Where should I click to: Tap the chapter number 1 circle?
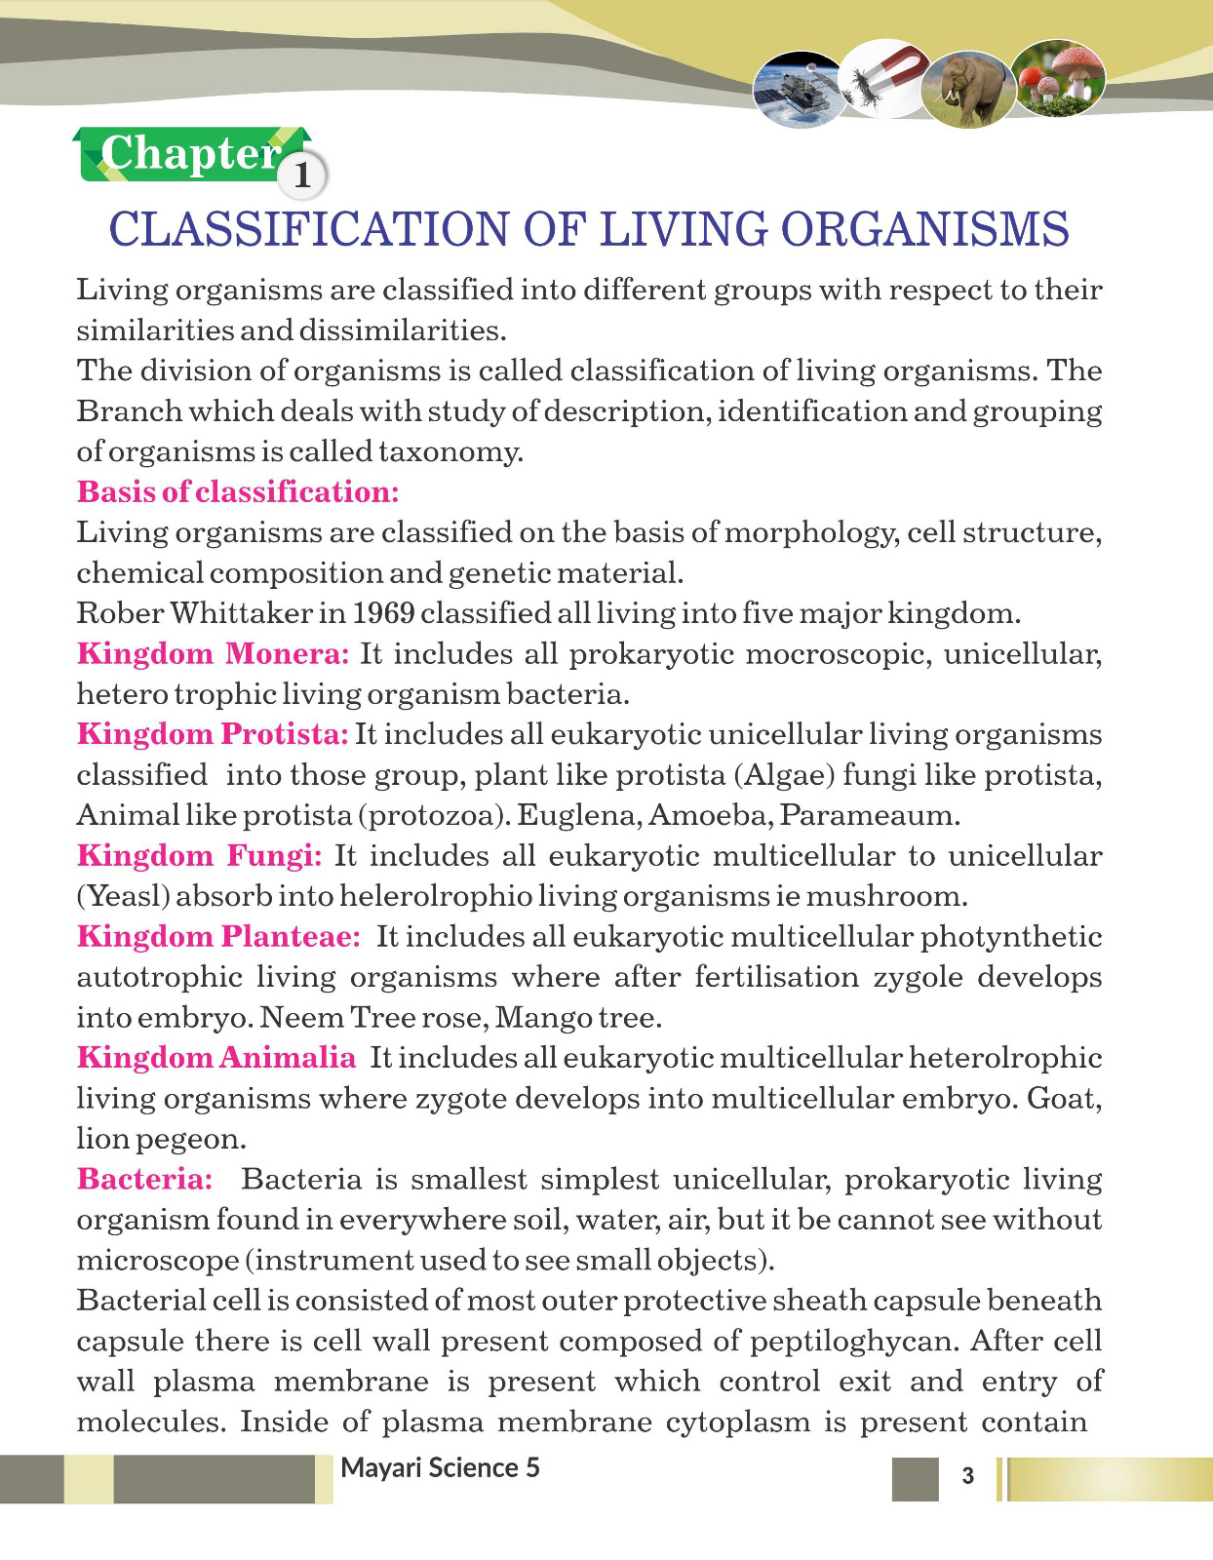[x=302, y=175]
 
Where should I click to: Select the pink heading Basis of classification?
[x=238, y=491]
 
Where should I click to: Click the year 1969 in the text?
[x=383, y=613]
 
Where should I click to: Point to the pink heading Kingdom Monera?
[x=213, y=653]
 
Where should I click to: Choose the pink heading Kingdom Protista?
[x=213, y=734]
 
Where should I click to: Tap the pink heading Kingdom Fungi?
[x=199, y=856]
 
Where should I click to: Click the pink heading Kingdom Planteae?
[x=218, y=937]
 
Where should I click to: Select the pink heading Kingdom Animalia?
[x=216, y=1058]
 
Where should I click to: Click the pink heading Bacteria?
[x=144, y=1179]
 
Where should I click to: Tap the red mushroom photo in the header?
[x=1060, y=78]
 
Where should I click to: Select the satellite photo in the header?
[x=800, y=90]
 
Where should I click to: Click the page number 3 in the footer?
[x=967, y=1475]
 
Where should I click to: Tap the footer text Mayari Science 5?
[x=440, y=1468]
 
